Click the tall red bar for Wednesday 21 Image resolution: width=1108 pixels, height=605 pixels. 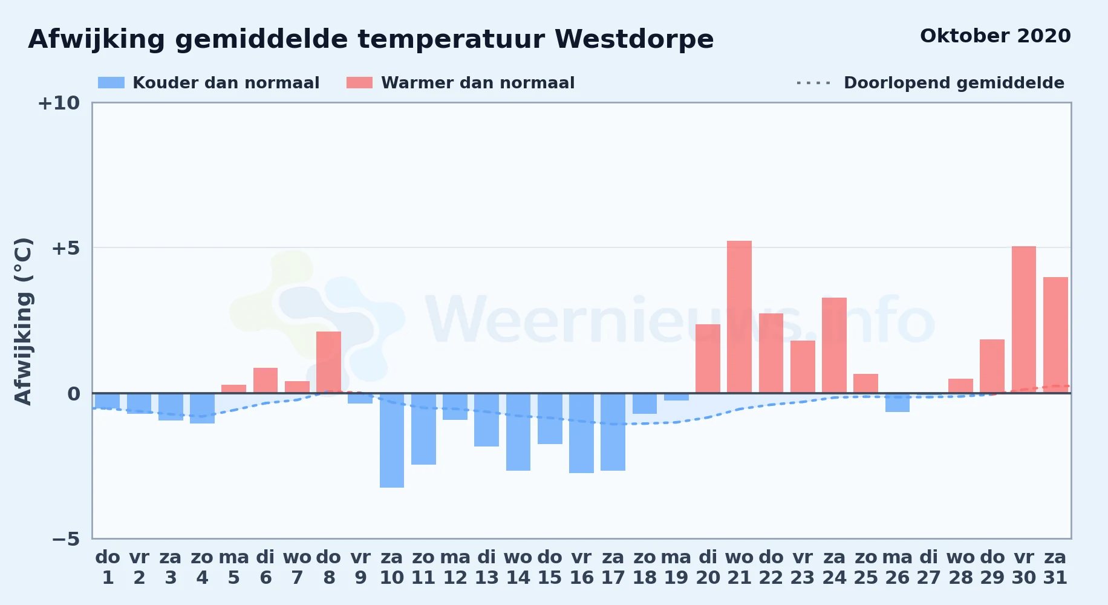739,317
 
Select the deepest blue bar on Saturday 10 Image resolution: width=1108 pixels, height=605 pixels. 392,440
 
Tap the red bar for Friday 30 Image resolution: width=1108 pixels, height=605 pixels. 1024,319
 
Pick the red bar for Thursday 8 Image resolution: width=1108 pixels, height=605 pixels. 328,362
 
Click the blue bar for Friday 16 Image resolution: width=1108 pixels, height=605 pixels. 581,433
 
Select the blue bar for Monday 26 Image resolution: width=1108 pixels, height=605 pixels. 898,403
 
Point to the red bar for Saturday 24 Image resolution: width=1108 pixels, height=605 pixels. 834,345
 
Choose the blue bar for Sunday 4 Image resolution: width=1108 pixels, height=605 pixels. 202,408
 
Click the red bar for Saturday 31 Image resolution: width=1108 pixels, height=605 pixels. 1055,335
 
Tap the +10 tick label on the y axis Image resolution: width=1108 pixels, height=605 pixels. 59,103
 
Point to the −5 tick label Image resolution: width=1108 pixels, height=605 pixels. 66,539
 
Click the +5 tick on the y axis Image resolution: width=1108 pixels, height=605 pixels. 66,248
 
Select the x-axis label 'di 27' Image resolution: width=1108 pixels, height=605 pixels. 929,567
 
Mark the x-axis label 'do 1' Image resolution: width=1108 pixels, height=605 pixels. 108,567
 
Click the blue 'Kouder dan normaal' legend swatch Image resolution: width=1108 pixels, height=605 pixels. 111,83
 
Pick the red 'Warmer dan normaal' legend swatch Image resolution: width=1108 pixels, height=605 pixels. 359,83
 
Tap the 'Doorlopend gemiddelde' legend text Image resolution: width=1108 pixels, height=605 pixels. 954,83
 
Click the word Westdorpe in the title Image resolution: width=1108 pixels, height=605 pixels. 634,39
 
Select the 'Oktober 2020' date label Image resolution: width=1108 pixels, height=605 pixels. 996,36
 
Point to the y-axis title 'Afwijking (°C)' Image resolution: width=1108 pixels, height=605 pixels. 23,321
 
